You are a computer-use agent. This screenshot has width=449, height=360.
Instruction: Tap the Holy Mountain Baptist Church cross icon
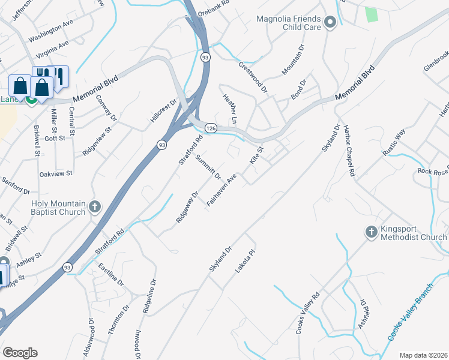coord(94,207)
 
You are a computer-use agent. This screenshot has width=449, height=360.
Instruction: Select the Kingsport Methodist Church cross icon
coord(370,232)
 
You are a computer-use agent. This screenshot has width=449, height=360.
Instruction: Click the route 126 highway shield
coord(210,128)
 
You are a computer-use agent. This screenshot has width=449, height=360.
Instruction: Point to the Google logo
coord(20,353)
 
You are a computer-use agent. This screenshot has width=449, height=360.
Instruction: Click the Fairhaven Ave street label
coord(221,190)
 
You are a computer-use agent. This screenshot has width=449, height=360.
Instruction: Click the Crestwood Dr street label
coord(253,77)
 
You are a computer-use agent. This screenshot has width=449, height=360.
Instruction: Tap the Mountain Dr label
coord(294,61)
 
